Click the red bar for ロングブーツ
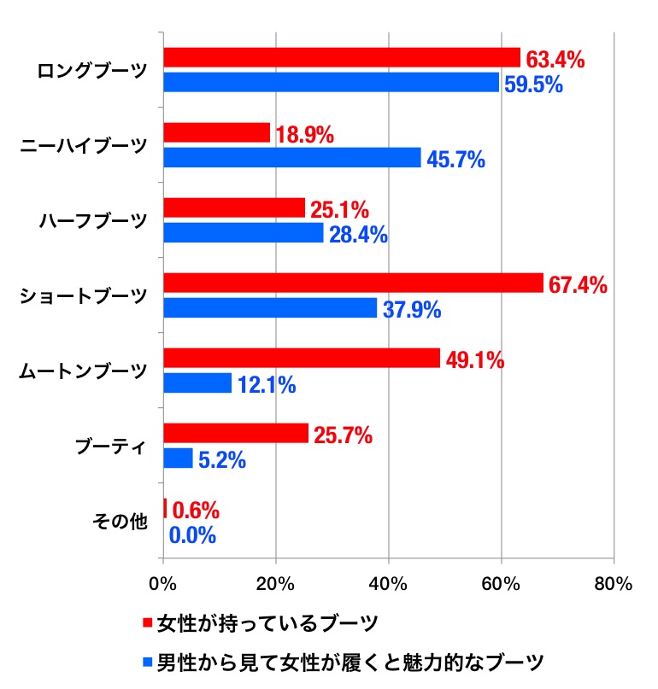pyautogui.click(x=342, y=57)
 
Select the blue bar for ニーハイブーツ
pyautogui.click(x=291, y=158)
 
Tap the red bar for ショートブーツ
pyautogui.click(x=353, y=283)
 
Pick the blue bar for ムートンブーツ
pyautogui.click(x=197, y=383)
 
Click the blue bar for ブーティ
pyautogui.click(x=178, y=458)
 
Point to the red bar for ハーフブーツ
pyautogui.click(x=234, y=207)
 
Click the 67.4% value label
pyautogui.click(x=578, y=284)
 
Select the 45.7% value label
pyautogui.click(x=456, y=159)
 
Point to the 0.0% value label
pyautogui.click(x=192, y=536)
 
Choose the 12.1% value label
pyautogui.click(x=267, y=385)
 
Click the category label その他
pyautogui.click(x=120, y=523)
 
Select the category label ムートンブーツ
pyautogui.click(x=83, y=371)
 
